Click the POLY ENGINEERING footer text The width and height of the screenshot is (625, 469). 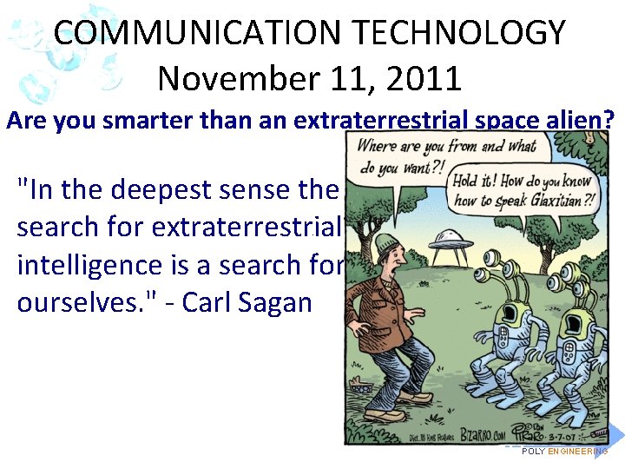pos(564,452)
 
